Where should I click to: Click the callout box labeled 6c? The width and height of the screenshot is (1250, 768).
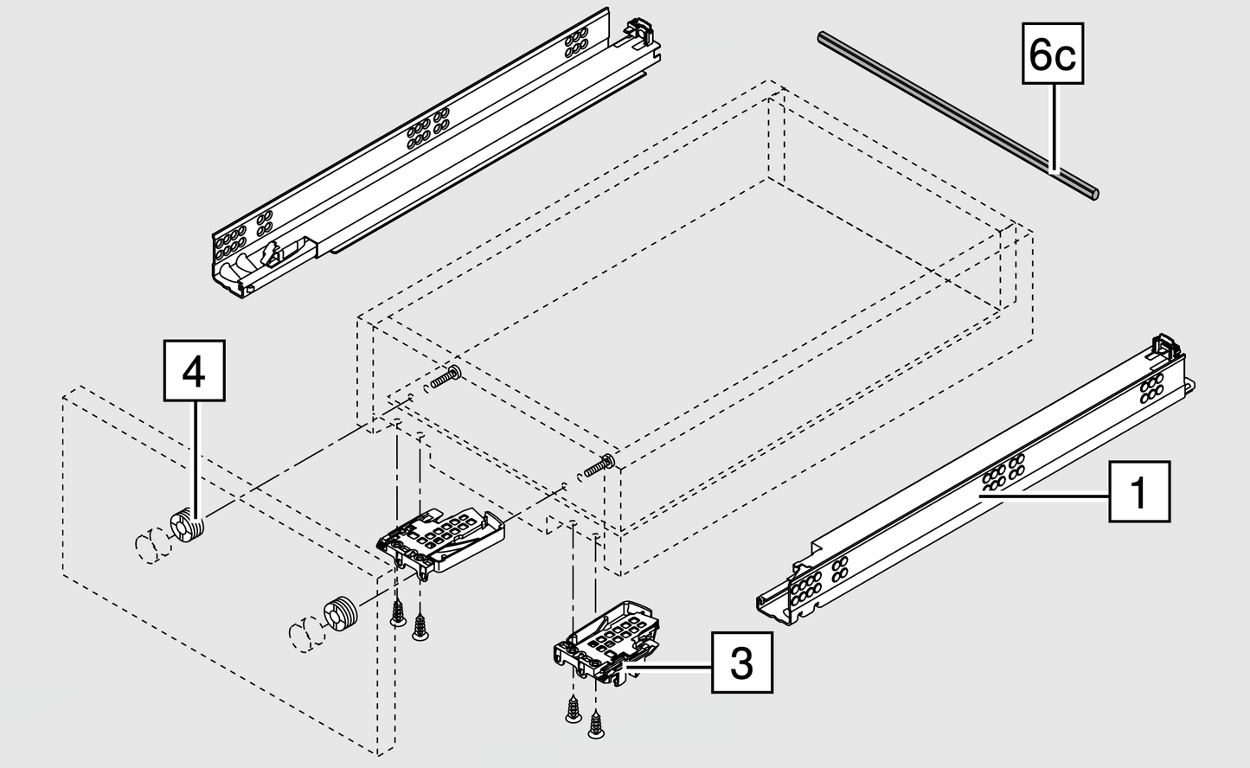coord(1053,54)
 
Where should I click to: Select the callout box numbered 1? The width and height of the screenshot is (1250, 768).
coord(1139,492)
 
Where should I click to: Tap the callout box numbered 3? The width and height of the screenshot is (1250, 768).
coord(742,663)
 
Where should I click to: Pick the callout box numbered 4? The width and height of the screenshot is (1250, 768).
coord(195,371)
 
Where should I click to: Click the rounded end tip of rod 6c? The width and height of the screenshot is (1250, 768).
coord(1094,195)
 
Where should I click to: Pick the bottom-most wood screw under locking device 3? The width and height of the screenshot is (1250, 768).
coord(595,726)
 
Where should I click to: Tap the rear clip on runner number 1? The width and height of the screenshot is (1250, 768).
coord(1166,349)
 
